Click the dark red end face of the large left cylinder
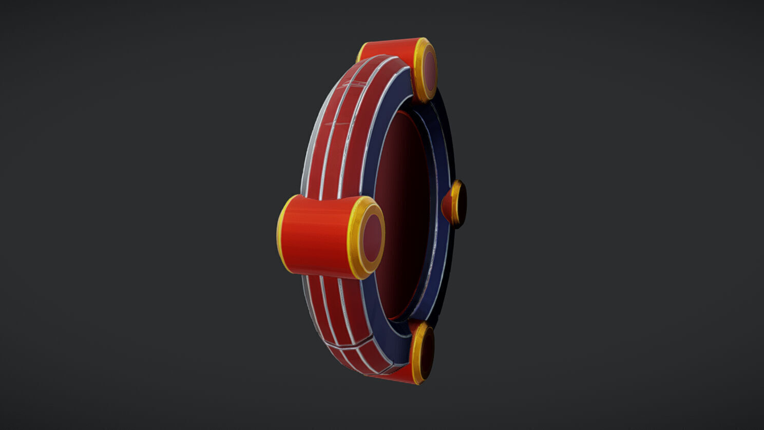(x=372, y=238)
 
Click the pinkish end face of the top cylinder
(x=428, y=70)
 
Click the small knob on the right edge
(x=455, y=204)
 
